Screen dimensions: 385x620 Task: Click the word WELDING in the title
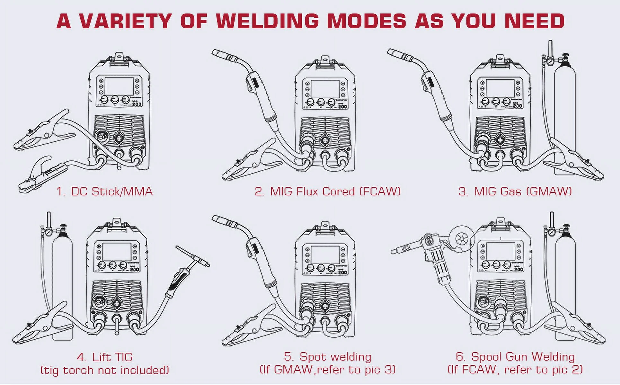click(x=267, y=21)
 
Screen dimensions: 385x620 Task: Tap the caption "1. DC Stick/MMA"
click(x=104, y=192)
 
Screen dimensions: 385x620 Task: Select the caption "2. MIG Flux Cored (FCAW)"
click(x=327, y=192)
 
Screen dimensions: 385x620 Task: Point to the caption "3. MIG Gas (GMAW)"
click(x=515, y=192)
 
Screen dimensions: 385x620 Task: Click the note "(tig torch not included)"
click(x=105, y=370)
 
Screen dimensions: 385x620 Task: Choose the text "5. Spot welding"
click(x=327, y=357)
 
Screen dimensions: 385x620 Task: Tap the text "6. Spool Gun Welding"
click(x=515, y=357)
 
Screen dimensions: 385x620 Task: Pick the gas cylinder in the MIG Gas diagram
click(x=565, y=112)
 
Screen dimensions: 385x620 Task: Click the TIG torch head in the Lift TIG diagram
click(x=193, y=257)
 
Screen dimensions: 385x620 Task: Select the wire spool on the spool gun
click(x=461, y=238)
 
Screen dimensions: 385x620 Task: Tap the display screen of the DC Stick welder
click(x=119, y=85)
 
